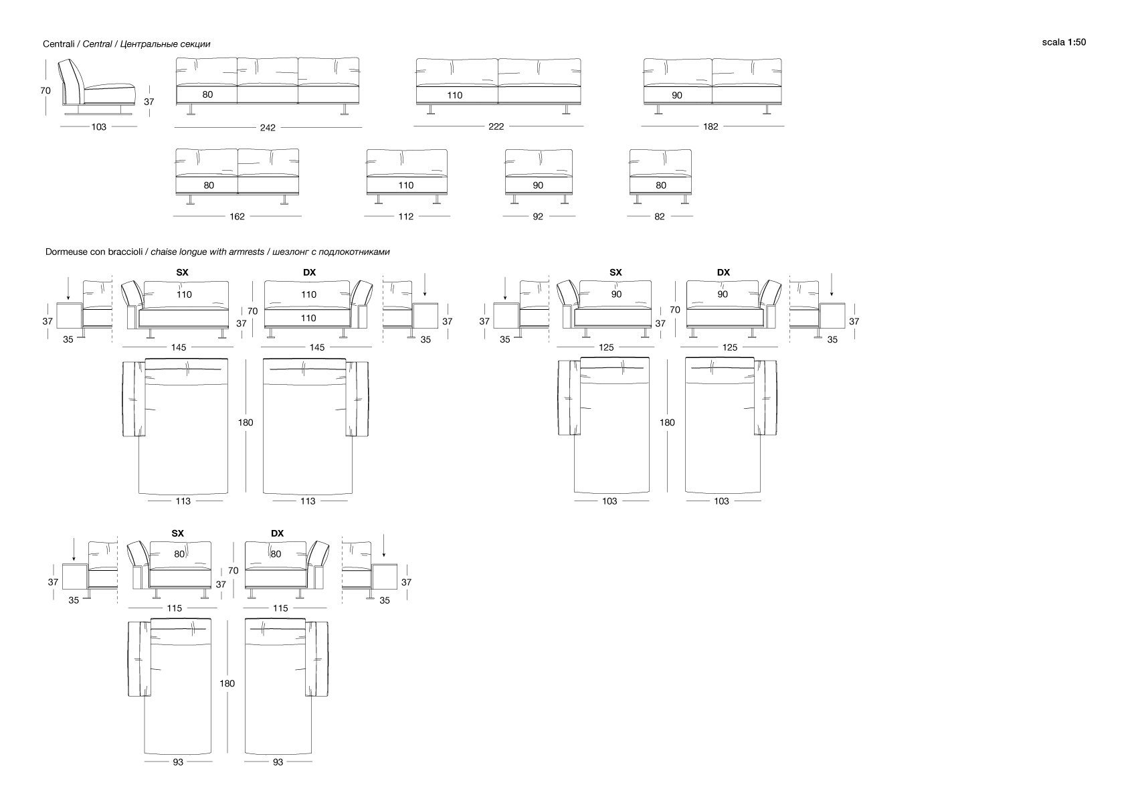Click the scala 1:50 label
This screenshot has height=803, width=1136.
(x=1064, y=42)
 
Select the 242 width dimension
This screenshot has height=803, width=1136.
(x=268, y=128)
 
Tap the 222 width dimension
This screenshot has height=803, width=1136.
(x=496, y=126)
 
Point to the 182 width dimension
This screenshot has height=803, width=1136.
(x=711, y=126)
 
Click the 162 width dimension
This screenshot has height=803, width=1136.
(x=237, y=216)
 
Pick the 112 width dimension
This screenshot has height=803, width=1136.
(x=405, y=216)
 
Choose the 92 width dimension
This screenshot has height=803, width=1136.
(x=538, y=216)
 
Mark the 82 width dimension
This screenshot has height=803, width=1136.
(x=660, y=216)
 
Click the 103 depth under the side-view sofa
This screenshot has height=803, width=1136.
(x=99, y=127)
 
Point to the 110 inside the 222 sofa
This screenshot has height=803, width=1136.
(x=455, y=96)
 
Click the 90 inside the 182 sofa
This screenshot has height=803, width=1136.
(x=677, y=96)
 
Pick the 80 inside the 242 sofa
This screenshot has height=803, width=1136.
(x=207, y=95)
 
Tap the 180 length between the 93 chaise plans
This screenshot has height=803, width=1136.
(x=227, y=683)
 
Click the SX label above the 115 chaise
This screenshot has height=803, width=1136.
(x=177, y=533)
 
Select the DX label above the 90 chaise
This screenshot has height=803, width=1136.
(x=723, y=272)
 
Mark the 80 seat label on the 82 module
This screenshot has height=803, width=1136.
(x=661, y=185)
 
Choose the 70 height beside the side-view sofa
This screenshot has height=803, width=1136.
(x=45, y=91)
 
